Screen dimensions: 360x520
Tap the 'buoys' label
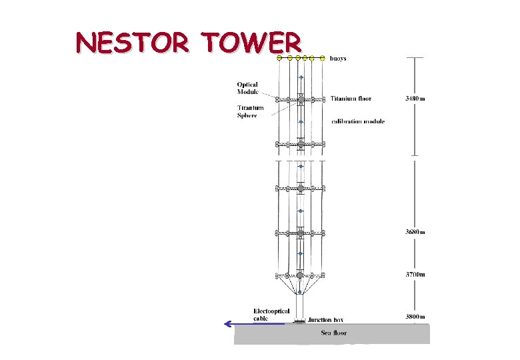pos(339,59)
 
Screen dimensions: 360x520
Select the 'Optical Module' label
pos(247,88)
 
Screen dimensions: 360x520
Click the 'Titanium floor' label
pos(351,99)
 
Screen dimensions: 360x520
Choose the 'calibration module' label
pos(357,121)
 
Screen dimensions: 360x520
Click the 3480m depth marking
pos(415,99)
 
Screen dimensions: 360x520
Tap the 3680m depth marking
pos(415,232)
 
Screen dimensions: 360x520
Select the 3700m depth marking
pos(415,274)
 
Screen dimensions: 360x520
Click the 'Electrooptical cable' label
pos(271,315)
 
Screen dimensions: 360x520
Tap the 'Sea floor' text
pos(334,333)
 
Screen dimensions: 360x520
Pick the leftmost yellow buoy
pos(280,59)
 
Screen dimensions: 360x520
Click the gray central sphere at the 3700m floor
pos(300,275)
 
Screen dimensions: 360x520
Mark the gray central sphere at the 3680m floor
pos(300,233)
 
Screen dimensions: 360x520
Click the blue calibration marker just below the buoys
pos(300,78)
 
